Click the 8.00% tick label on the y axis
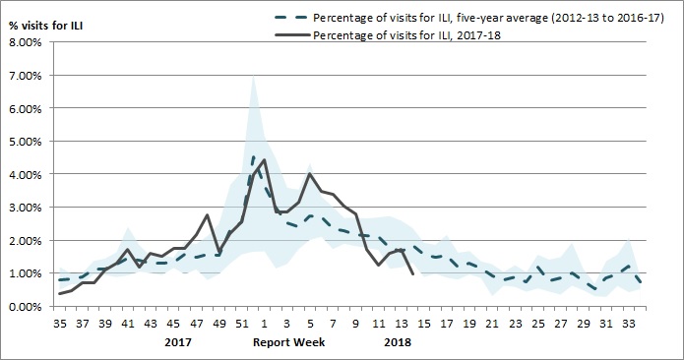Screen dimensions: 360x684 (24, 42)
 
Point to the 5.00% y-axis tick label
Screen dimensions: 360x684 (24, 142)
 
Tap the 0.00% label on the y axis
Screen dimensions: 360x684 (24, 306)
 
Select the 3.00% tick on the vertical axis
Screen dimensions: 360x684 (24, 208)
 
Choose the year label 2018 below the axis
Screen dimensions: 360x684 (399, 342)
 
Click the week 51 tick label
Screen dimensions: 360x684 (242, 321)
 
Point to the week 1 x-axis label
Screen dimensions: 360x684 (265, 321)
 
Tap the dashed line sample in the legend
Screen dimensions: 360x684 (273, 16)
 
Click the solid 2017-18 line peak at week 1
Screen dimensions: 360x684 (265, 159)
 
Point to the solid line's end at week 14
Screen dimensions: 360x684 (410, 274)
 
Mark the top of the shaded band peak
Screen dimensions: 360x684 (254, 75)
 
